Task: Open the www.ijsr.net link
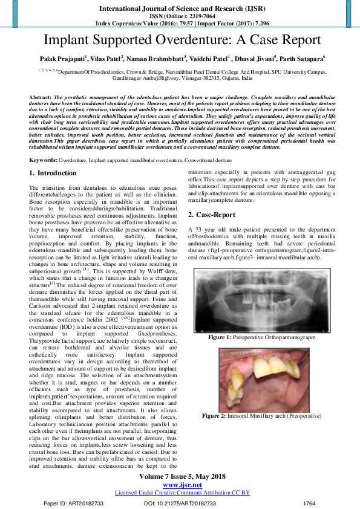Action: pyautogui.click(x=182, y=485)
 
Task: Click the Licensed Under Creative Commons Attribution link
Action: pyautogui.click(x=182, y=493)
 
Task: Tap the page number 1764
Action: pyautogui.click(x=310, y=503)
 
